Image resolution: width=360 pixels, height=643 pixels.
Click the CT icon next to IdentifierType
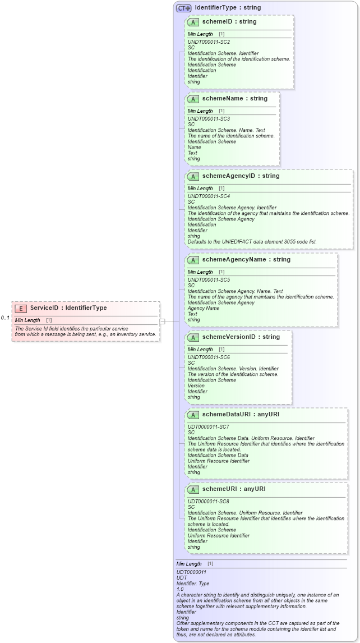pos(183,8)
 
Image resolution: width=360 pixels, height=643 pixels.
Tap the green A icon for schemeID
pos(193,22)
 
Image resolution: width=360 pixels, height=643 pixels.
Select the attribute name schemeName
pos(227,99)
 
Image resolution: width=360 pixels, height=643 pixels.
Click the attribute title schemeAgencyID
pos(232,176)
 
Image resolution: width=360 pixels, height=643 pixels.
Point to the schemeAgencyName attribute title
pos(238,260)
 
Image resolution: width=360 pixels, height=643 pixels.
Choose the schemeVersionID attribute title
pos(232,337)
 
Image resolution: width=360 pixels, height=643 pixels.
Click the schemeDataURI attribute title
pos(232,415)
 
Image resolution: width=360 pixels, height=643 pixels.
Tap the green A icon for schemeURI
pos(193,489)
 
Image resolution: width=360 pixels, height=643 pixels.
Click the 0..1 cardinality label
pos(6,318)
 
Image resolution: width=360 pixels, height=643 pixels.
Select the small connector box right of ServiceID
pos(162,321)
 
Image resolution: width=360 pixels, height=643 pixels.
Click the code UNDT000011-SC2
pos(209,42)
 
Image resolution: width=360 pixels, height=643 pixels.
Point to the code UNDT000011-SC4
pos(209,196)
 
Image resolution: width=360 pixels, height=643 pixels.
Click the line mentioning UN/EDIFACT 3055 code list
pos(252,242)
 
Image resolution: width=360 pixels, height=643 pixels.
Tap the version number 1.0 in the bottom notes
pos(180,589)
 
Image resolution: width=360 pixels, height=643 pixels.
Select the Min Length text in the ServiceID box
pos(27,320)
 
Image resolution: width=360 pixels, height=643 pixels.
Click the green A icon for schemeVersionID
pos(193,337)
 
